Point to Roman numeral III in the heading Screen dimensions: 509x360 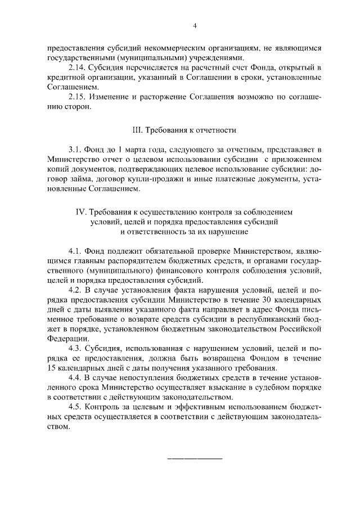point(137,130)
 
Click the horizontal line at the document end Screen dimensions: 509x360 point(195,458)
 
